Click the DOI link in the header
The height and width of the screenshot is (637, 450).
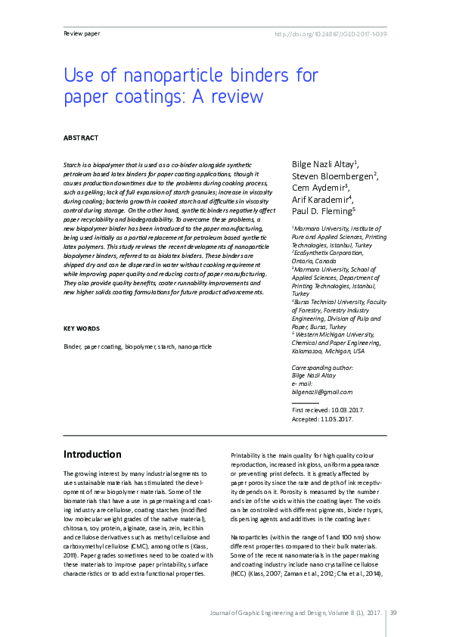[330, 33]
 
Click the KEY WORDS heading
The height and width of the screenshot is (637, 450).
[81, 328]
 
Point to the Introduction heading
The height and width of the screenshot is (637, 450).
[92, 455]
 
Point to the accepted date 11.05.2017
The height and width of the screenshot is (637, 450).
[336, 419]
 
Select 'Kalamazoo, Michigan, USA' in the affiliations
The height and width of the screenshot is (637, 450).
[327, 351]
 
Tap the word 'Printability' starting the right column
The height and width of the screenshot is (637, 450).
[249, 455]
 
